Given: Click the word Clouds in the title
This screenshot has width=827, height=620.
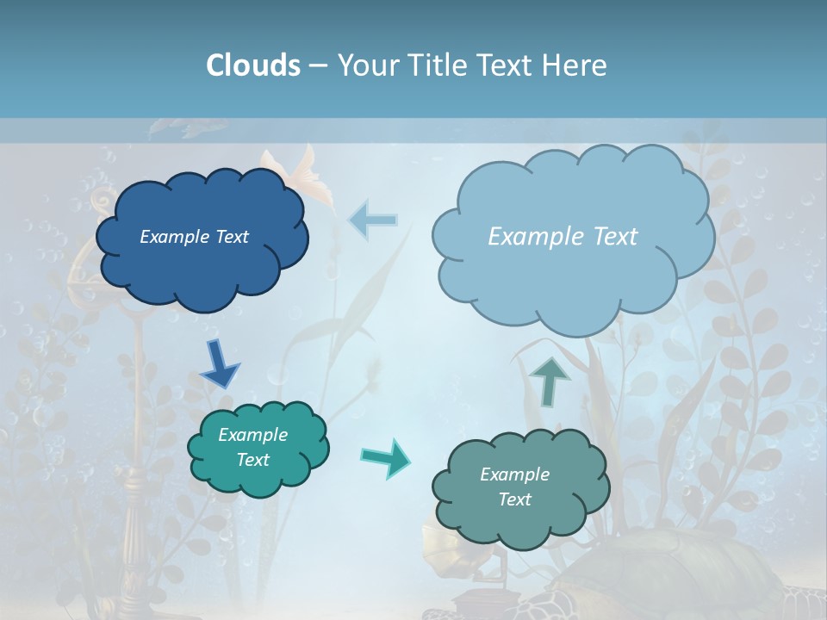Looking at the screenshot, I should click(x=253, y=65).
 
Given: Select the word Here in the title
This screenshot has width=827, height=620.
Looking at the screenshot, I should click(x=578, y=65).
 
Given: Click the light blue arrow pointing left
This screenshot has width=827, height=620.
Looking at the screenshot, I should click(x=373, y=220).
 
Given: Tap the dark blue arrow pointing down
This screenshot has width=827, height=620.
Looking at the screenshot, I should click(x=220, y=364).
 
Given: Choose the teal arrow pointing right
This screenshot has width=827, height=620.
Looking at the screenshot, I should click(x=385, y=456).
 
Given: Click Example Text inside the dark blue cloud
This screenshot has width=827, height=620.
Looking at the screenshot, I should click(x=194, y=237).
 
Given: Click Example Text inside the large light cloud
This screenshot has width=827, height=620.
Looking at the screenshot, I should click(x=563, y=237).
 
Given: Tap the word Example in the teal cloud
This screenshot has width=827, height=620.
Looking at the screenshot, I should click(x=252, y=435).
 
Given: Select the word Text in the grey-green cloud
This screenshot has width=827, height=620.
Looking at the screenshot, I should click(x=514, y=499).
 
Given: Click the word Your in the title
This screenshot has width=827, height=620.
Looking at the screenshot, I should click(x=364, y=65).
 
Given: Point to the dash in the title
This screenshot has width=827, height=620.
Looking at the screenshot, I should click(x=318, y=65).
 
